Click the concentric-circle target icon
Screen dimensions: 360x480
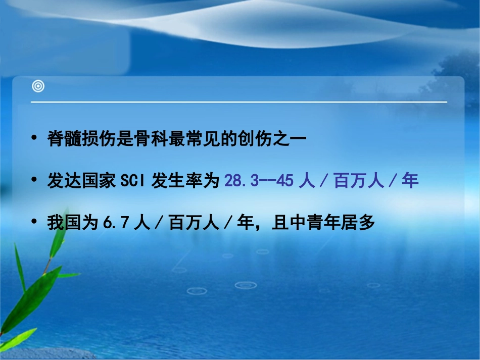tap(38, 86)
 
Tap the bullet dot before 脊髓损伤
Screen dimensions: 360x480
tap(34, 138)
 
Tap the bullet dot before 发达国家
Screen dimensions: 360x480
tap(34, 181)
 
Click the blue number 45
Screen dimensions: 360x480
tap(285, 181)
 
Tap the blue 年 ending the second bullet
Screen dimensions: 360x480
tap(410, 181)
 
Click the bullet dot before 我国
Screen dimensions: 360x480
tap(34, 222)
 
